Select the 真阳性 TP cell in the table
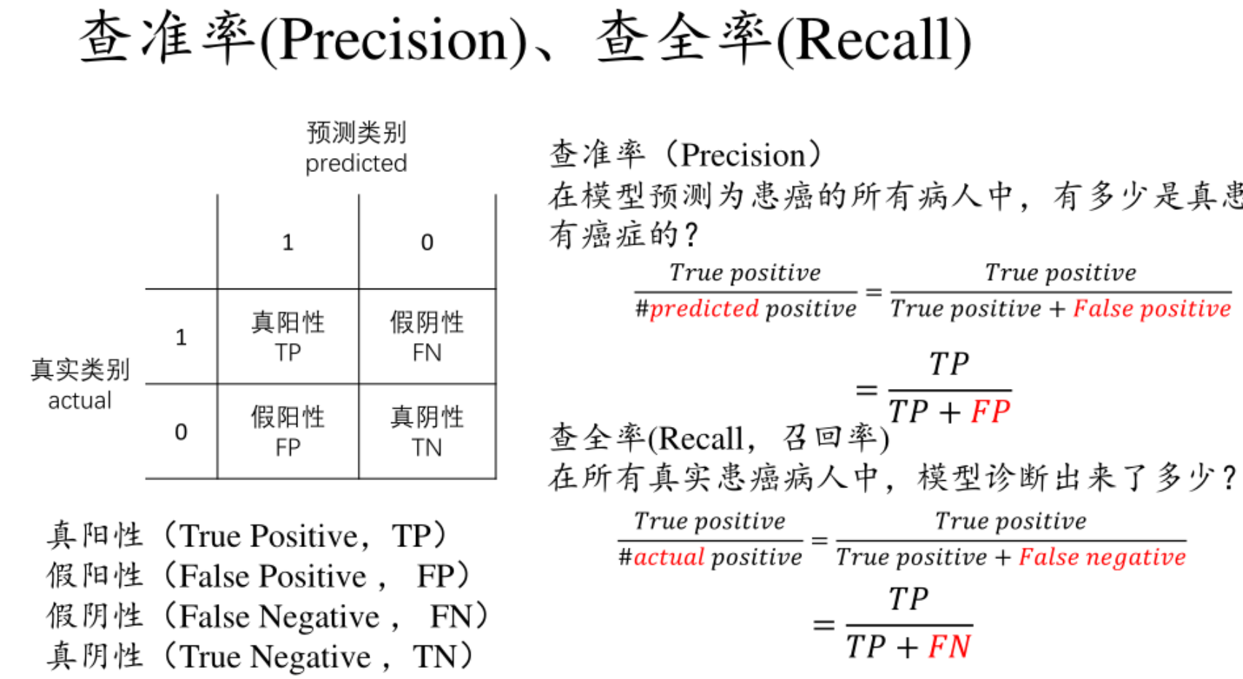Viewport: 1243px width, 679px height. click(288, 337)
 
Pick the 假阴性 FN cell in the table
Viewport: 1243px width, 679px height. click(426, 337)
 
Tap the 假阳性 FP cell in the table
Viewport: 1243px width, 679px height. click(288, 431)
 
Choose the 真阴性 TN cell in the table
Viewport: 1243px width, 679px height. click(426, 431)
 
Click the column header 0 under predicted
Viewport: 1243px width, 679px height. click(427, 242)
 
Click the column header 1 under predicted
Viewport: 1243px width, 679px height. click(288, 242)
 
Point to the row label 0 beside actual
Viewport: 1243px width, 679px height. click(181, 432)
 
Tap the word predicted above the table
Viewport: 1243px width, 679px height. click(356, 163)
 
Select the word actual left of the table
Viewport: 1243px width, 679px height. click(79, 401)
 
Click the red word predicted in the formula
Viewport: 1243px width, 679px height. click(704, 309)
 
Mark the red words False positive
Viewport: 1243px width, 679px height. click(1151, 309)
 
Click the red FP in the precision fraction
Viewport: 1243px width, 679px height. click(990, 412)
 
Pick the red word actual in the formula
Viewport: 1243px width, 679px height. click(669, 557)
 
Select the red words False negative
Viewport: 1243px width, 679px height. click(1102, 557)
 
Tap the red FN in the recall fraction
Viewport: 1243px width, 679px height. click(949, 647)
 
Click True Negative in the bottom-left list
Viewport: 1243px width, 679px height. click(275, 657)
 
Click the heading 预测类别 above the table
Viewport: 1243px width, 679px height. click(356, 133)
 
